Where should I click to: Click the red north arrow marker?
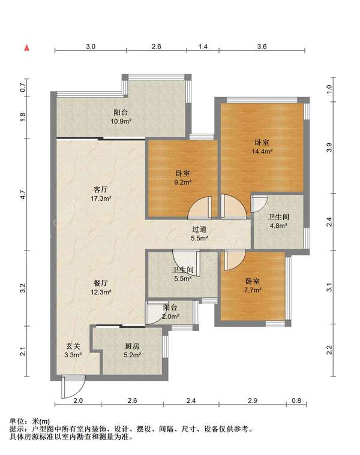click(27, 47)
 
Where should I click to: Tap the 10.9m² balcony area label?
click(121, 121)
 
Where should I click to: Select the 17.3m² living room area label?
click(101, 198)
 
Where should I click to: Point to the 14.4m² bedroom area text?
click(262, 151)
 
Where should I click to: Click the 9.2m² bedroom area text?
click(183, 182)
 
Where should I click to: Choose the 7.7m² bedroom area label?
click(253, 290)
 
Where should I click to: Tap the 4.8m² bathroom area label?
click(278, 225)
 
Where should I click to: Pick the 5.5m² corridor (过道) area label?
click(199, 238)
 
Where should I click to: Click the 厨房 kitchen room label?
click(133, 346)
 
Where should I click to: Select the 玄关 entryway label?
click(73, 346)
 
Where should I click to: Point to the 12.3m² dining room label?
click(101, 292)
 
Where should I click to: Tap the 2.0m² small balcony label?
click(170, 317)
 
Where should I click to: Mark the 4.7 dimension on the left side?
click(23, 194)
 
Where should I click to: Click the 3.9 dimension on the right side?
click(329, 147)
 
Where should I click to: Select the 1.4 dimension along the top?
click(203, 46)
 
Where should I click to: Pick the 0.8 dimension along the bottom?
click(296, 400)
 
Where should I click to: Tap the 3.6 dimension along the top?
click(262, 46)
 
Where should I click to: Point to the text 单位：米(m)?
click(29, 421)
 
